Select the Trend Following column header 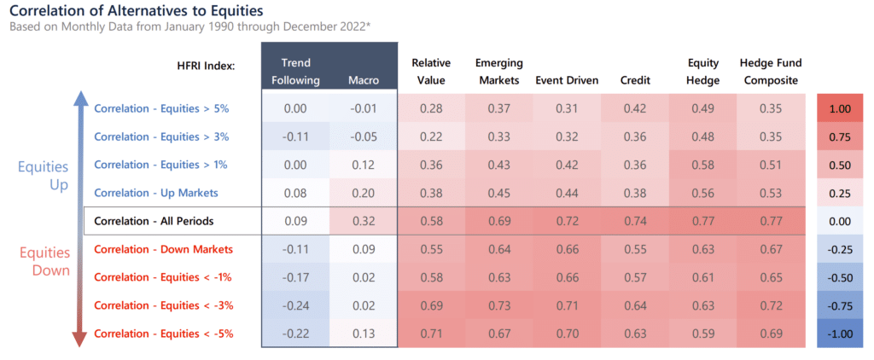coord(295,72)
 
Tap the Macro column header coord(364,80)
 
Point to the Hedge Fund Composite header coord(771,72)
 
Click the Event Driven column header coord(567,80)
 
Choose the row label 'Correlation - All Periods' coord(154,221)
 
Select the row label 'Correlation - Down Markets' coord(163,249)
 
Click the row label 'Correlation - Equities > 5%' coord(161,108)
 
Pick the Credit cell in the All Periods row coord(635,221)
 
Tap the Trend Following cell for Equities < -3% coord(295,305)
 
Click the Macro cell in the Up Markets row coord(364,193)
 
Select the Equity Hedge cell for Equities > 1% coord(703,165)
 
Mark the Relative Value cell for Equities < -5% coord(431,334)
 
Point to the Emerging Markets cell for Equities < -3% coord(498,305)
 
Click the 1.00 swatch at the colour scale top coord(840,108)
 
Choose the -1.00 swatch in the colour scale coord(840,334)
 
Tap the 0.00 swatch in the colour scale coord(840,221)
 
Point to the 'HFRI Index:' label coord(206,67)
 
